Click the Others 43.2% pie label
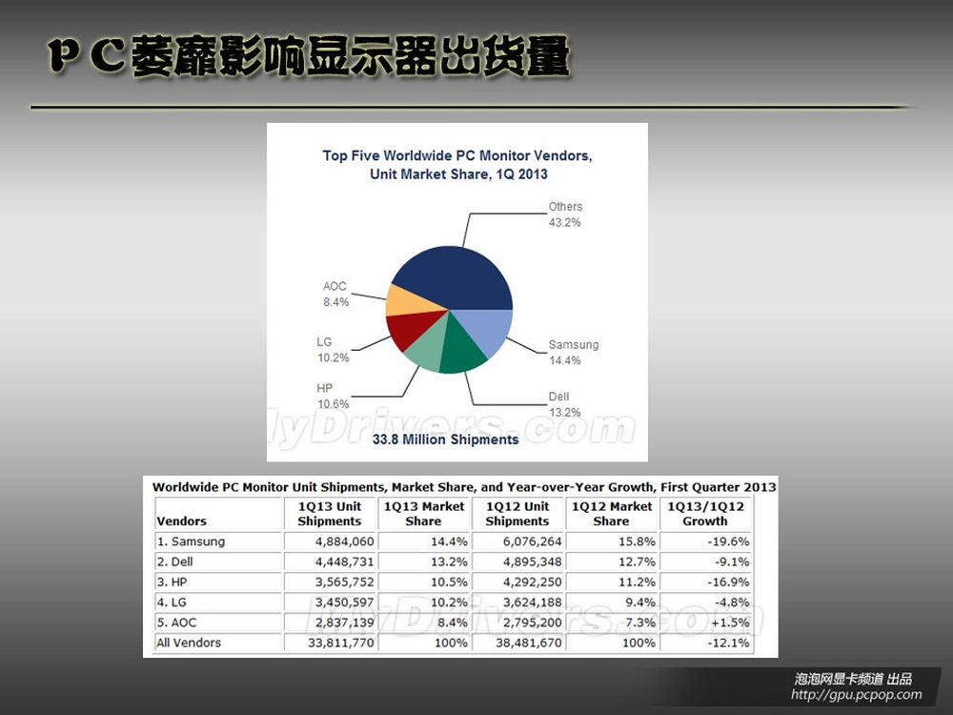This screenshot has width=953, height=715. (x=565, y=214)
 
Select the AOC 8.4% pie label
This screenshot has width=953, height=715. (x=335, y=295)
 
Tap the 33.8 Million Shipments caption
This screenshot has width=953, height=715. (x=445, y=439)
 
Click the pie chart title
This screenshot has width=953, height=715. (x=457, y=165)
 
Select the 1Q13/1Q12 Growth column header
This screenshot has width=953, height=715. (x=705, y=514)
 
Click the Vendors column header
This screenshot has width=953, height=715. (x=182, y=521)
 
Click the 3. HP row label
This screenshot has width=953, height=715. (x=172, y=582)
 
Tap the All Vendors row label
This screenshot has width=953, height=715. (x=189, y=643)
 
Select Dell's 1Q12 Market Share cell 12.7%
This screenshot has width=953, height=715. (x=637, y=562)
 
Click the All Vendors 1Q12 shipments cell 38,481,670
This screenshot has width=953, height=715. (x=529, y=643)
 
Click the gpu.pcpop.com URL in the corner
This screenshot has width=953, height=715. (x=857, y=694)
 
